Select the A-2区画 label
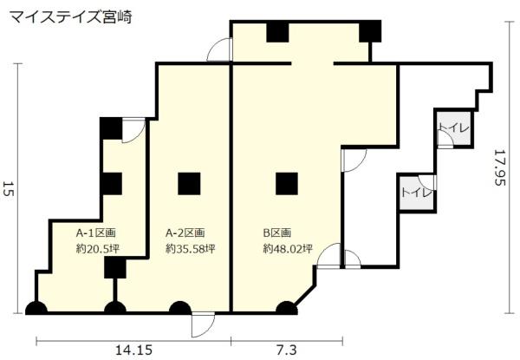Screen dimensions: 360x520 [x=185, y=232]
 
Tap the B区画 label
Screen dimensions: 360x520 [x=277, y=232]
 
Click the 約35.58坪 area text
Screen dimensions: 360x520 [x=191, y=248]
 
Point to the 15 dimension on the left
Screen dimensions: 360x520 [x=9, y=190]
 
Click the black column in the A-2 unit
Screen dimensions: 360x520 [x=189, y=183]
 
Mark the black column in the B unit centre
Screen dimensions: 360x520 [x=287, y=183]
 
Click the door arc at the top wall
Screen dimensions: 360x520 [x=220, y=51]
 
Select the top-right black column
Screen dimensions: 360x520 [x=371, y=31]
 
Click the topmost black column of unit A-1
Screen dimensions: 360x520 [x=111, y=128]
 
